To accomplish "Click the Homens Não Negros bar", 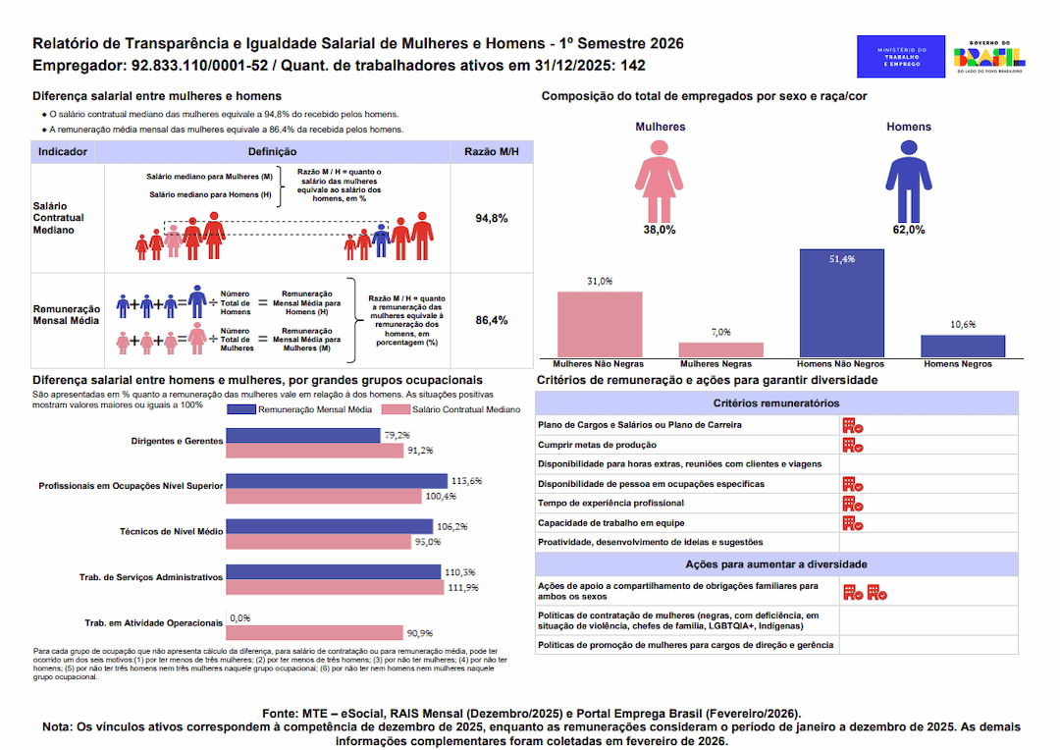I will (x=841, y=303).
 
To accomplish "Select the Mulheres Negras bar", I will (x=720, y=349).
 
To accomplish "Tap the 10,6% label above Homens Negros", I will (x=963, y=324).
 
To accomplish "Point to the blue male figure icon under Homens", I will (x=908, y=179).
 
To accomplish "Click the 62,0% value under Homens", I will (x=908, y=230).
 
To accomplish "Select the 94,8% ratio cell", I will (x=491, y=218).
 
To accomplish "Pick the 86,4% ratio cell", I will (x=491, y=320).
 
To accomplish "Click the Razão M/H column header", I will (x=491, y=152).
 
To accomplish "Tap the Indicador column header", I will (x=63, y=152).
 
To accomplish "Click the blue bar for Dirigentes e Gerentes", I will (x=302, y=435).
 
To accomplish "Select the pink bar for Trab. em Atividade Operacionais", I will (x=314, y=633).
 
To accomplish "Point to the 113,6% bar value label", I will (x=467, y=481).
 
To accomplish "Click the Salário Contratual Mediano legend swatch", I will (x=396, y=409).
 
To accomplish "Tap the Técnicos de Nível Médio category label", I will (x=171, y=530).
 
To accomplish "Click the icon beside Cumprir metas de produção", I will (x=852, y=445).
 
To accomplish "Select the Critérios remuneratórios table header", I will (x=775, y=402).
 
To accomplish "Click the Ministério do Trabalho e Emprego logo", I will (x=900, y=57).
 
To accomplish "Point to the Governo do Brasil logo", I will (x=989, y=57).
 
